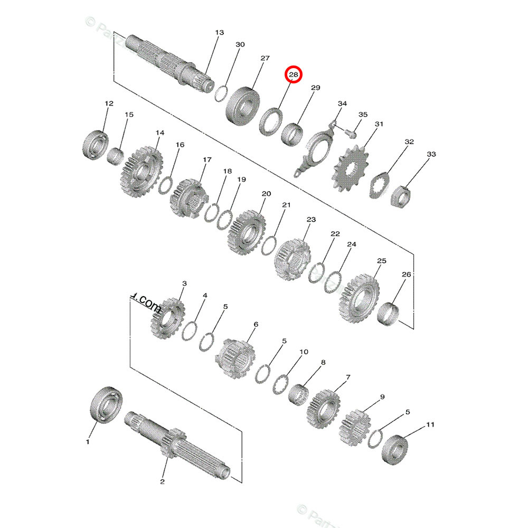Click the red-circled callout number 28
pyautogui.click(x=293, y=76)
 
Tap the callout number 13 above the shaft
pyautogui.click(x=219, y=33)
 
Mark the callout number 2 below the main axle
pyautogui.click(x=162, y=481)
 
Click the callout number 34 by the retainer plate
pyautogui.click(x=342, y=103)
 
